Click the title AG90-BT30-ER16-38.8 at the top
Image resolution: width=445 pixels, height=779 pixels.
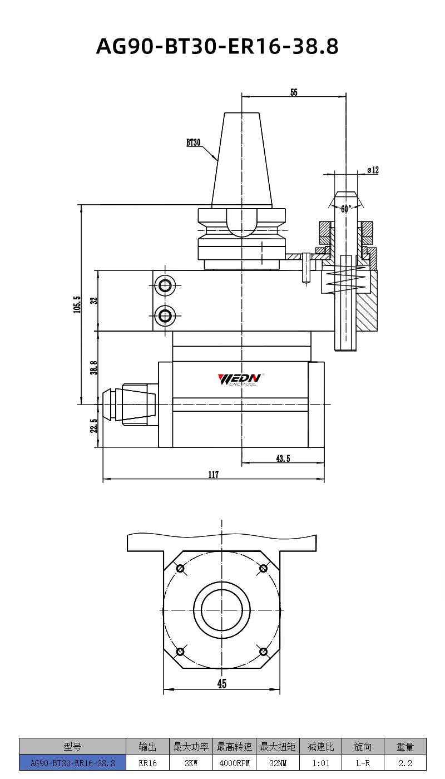[x=217, y=47]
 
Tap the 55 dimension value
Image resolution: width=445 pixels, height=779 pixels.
[x=294, y=93]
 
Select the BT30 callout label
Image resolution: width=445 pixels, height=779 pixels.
[x=193, y=142]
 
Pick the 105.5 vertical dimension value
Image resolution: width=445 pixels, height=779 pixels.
[x=77, y=304]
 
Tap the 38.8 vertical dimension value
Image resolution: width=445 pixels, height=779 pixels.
[x=94, y=368]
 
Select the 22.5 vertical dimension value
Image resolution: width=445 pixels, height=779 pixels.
[x=94, y=426]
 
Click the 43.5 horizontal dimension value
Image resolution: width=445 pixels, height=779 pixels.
[x=283, y=458]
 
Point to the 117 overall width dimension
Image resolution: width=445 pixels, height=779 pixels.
[x=214, y=475]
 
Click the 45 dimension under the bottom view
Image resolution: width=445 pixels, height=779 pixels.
[x=222, y=684]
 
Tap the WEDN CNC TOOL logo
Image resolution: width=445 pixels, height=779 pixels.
[x=239, y=379]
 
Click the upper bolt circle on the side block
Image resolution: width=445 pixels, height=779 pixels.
[x=165, y=286]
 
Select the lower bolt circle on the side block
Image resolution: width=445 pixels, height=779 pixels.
[x=165, y=317]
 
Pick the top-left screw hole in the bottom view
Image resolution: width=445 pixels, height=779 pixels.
[x=180, y=568]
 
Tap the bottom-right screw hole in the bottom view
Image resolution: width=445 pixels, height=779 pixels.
[x=263, y=651]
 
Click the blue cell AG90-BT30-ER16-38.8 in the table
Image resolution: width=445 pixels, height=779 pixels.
[x=72, y=763]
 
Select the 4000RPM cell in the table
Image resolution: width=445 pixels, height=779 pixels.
[x=234, y=763]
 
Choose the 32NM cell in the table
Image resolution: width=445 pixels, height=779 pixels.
[x=278, y=763]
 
